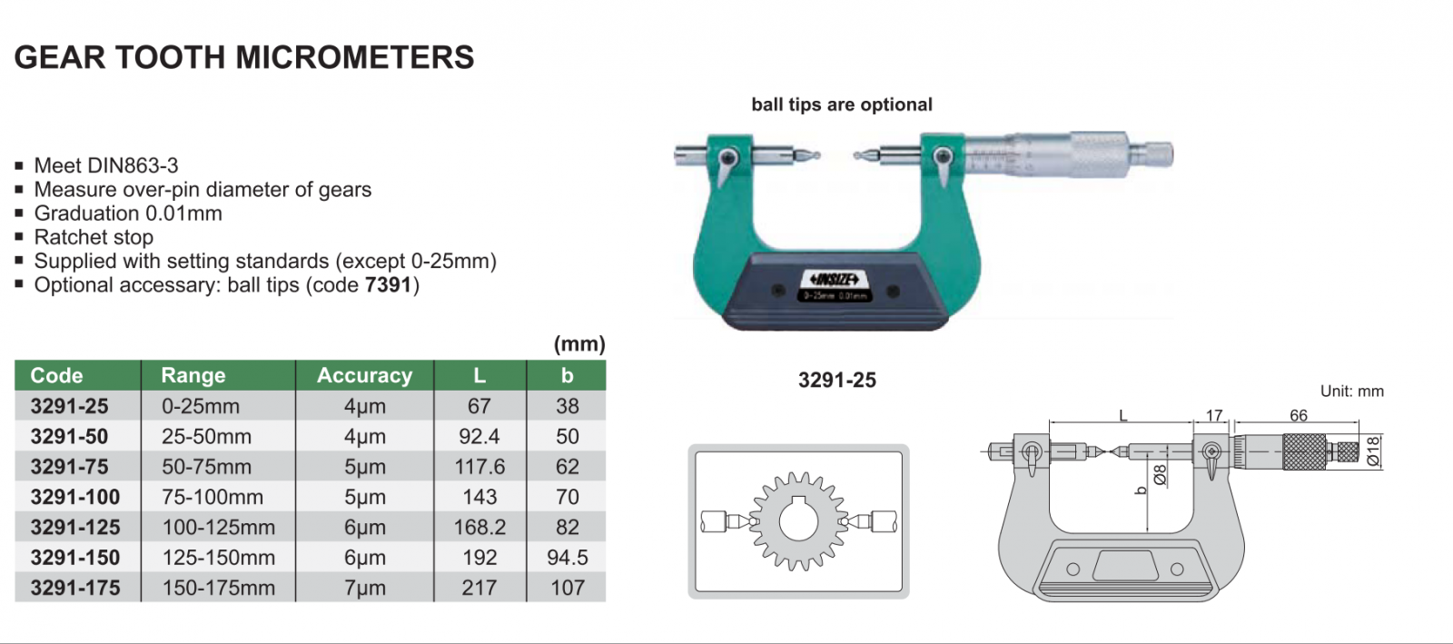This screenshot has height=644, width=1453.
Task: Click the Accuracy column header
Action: coord(364,375)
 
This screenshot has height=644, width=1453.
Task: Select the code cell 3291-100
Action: coord(75,497)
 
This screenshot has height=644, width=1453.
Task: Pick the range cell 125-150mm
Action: coord(219,557)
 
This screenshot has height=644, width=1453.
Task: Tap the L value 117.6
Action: coord(479,466)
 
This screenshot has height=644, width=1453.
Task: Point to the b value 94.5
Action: coord(567,557)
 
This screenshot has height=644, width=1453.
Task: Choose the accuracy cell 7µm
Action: coord(364,588)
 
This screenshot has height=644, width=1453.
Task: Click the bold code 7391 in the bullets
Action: coord(388,284)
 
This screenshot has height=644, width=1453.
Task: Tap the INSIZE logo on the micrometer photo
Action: coord(835,280)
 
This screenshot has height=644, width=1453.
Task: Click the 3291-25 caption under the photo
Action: coord(836,380)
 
